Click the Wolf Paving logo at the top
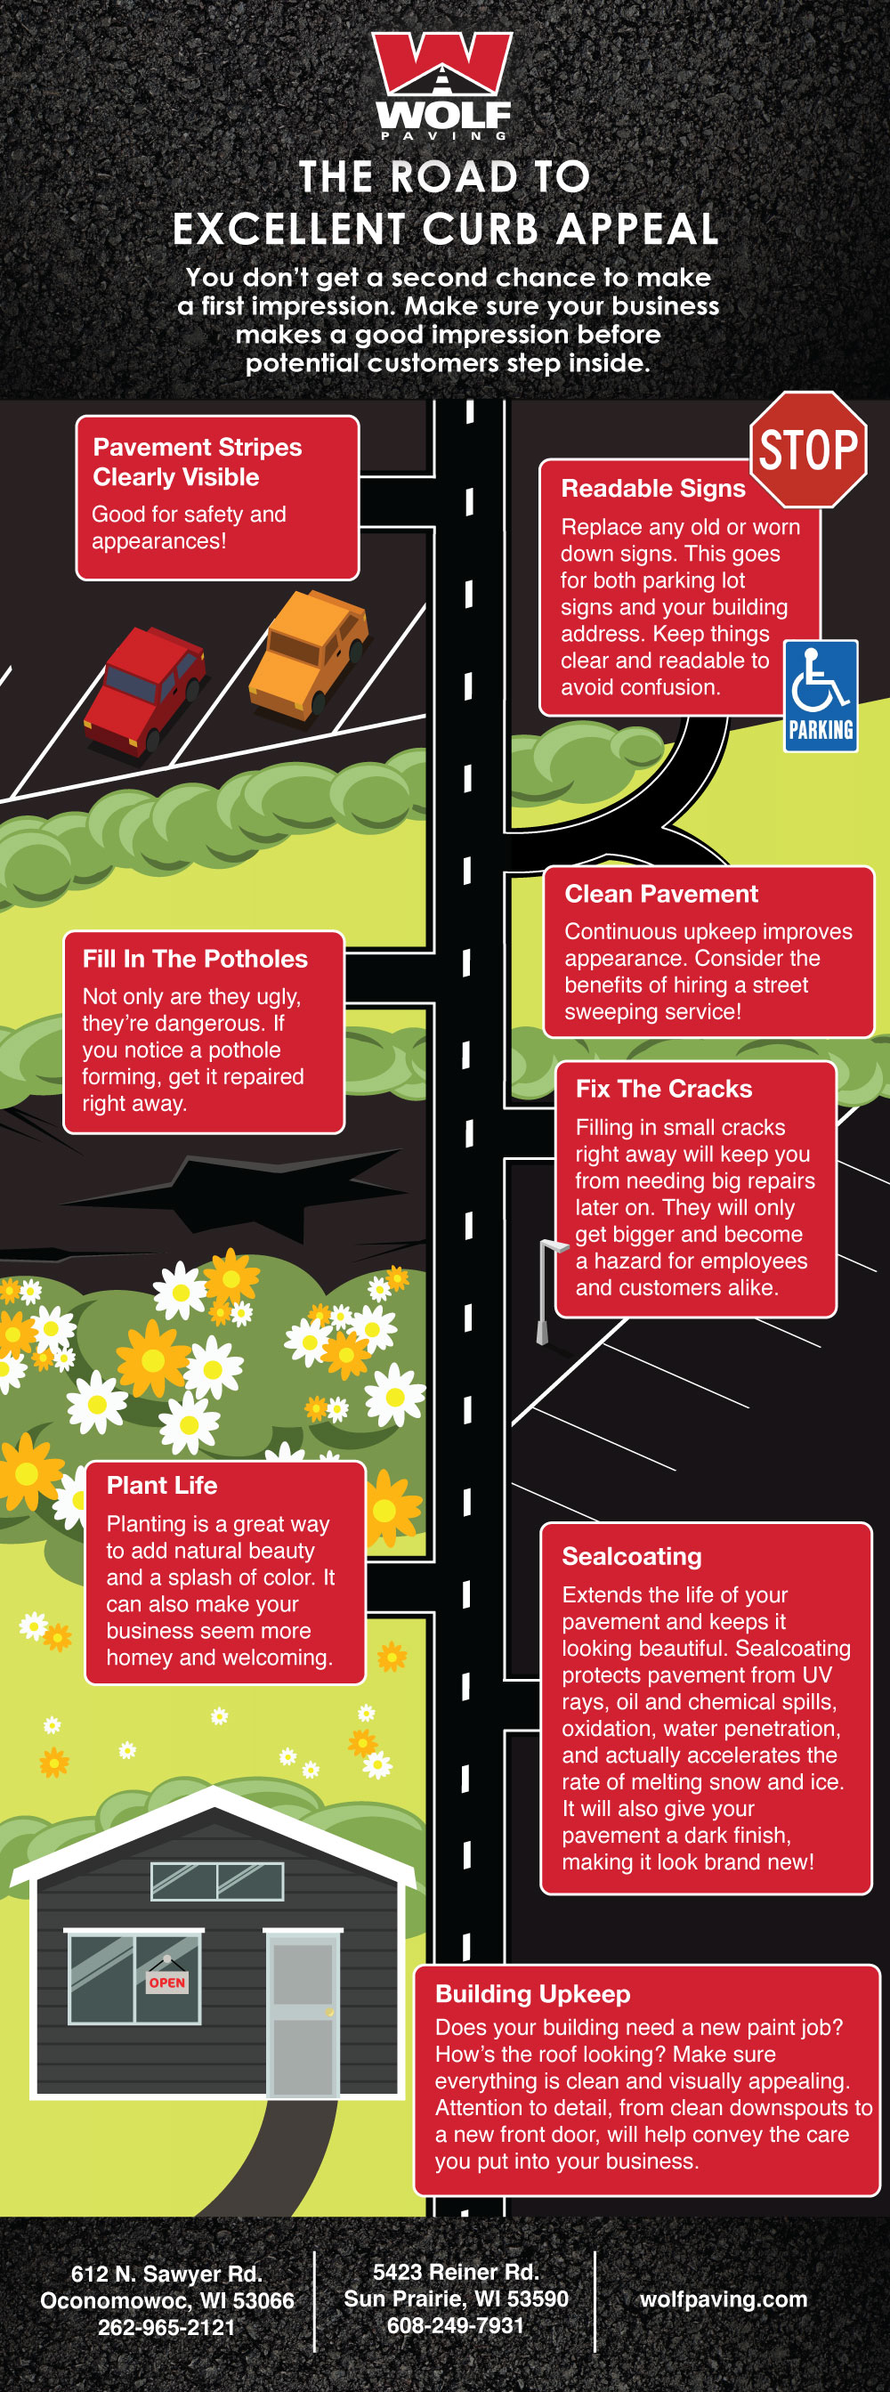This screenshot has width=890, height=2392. point(442,85)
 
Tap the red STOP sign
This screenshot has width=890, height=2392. point(807,450)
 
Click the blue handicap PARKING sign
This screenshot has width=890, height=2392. point(821,695)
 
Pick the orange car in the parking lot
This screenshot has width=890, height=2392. point(309,654)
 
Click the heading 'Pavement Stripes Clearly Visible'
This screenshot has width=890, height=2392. point(197,462)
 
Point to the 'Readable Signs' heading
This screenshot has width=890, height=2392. point(653,489)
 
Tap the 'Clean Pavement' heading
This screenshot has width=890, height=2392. point(660,894)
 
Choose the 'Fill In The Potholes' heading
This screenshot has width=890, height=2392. point(195,960)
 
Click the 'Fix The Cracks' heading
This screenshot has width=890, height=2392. point(664,1090)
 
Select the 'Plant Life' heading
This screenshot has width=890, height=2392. point(161,1486)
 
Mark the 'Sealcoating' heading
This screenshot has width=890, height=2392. point(631,1557)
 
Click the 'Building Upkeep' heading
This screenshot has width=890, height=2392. point(533,1995)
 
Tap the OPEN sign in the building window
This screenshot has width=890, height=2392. point(167,1983)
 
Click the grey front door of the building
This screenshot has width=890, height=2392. point(303,2015)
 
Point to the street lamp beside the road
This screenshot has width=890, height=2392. point(545,1291)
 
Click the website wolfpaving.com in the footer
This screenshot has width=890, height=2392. point(723,2299)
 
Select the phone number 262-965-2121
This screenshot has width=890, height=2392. point(166,2327)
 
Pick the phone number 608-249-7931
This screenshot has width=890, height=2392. point(456,2325)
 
